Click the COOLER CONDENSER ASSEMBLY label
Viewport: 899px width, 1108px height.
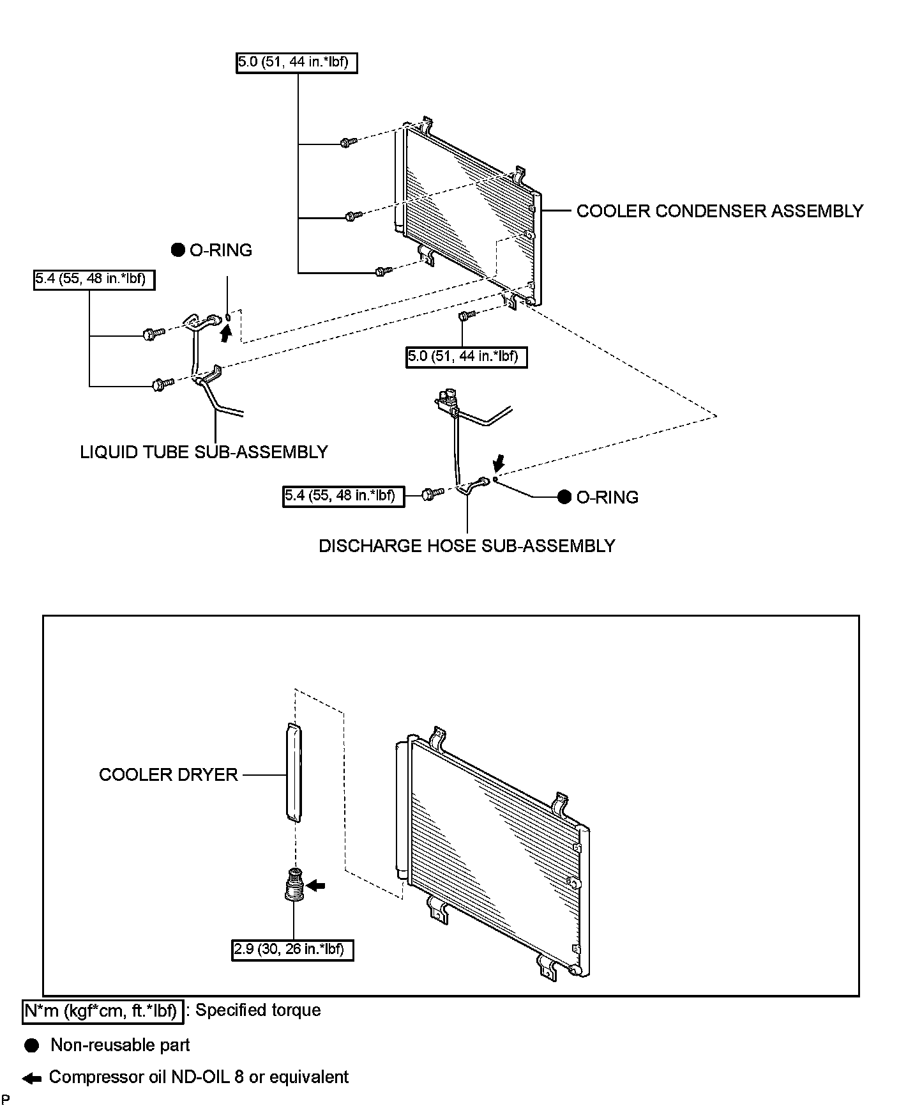tap(719, 211)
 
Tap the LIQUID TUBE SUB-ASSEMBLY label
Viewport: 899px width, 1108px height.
tap(203, 452)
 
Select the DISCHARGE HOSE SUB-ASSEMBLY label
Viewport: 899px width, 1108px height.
tap(466, 546)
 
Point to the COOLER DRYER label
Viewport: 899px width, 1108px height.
tap(168, 774)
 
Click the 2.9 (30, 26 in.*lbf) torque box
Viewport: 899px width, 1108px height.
tap(292, 950)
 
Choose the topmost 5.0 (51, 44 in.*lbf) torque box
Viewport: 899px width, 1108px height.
tap(296, 63)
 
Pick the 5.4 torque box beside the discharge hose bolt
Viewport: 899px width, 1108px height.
tap(343, 495)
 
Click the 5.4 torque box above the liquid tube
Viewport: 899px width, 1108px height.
tap(94, 279)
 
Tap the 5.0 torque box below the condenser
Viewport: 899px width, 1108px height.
tap(467, 356)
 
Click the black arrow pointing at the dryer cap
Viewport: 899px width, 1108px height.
tap(315, 886)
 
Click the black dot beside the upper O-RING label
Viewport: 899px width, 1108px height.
tap(178, 250)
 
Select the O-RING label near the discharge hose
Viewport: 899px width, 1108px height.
tap(607, 497)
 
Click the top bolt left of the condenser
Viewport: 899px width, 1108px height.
tap(347, 142)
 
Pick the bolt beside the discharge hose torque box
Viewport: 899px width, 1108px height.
tap(433, 494)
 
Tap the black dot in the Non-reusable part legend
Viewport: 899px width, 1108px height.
tap(32, 1045)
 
